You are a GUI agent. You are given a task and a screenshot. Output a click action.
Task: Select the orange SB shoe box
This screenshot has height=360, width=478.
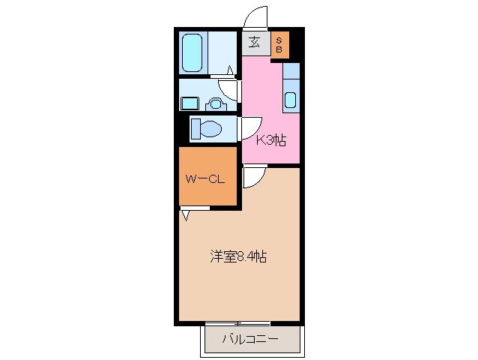coord(278,43)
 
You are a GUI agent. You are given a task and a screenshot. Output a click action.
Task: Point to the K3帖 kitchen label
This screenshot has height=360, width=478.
coord(271,140)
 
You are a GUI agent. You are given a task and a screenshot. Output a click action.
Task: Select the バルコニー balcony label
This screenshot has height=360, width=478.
coord(249,340)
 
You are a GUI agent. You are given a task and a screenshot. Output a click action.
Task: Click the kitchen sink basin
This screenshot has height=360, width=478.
coord(291,99)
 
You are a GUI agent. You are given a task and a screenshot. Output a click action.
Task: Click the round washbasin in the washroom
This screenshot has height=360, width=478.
coord(215,104)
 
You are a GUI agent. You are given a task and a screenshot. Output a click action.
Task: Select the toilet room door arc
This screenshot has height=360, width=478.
coord(249,127)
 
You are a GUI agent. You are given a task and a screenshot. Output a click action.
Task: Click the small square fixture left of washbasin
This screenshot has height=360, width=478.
coord(188,103)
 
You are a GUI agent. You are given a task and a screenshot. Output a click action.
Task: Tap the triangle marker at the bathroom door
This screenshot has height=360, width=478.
coord(229,71)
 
